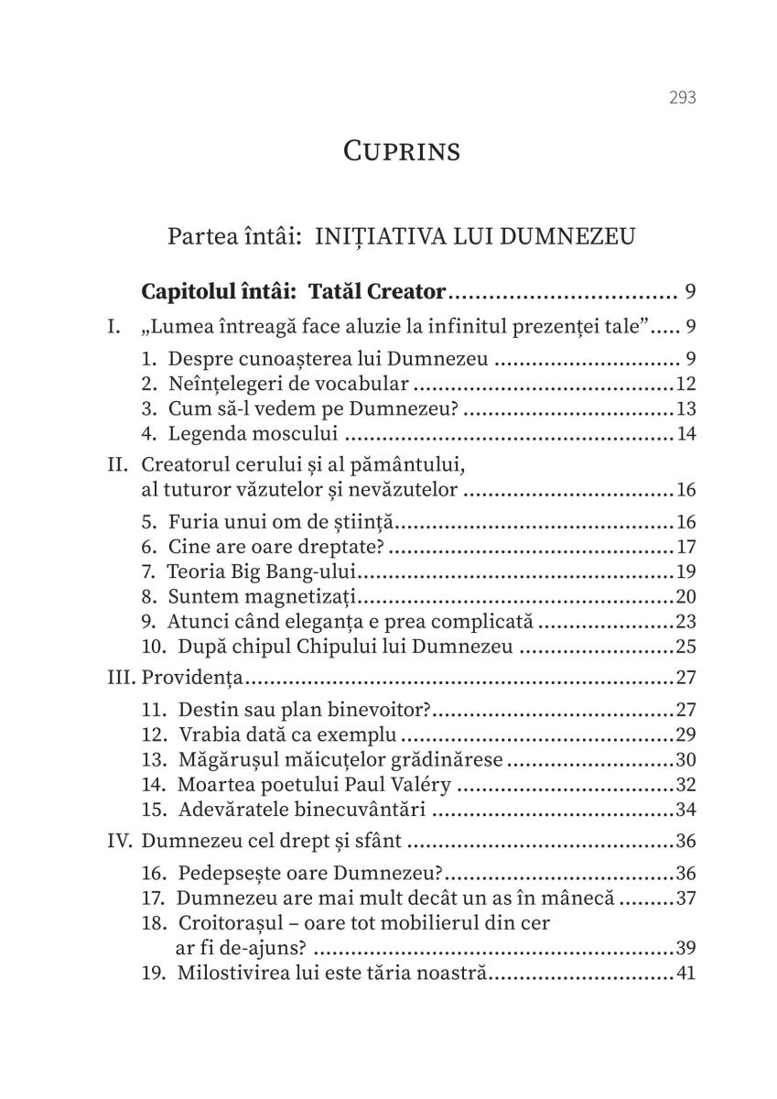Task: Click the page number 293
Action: click(x=683, y=97)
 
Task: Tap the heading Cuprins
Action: click(x=402, y=150)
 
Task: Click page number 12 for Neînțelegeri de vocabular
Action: click(x=685, y=382)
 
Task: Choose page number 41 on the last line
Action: click(x=685, y=973)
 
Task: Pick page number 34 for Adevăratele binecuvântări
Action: click(x=685, y=809)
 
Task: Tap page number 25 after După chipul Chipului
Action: click(x=685, y=647)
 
